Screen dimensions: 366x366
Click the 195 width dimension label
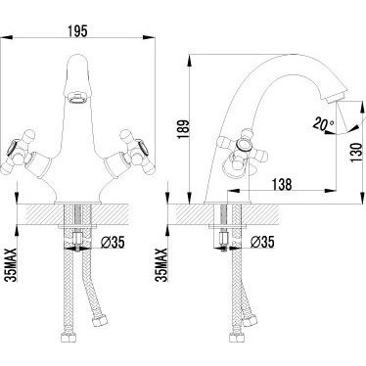(x=77, y=31)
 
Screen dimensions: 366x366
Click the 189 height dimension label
(x=183, y=129)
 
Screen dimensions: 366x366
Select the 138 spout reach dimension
(x=282, y=184)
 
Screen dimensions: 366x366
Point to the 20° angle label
(x=323, y=124)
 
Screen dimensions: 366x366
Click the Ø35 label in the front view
(x=114, y=242)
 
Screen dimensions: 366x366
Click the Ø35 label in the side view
(x=262, y=242)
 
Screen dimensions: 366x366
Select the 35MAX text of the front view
(x=11, y=264)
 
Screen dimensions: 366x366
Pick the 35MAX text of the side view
(x=161, y=264)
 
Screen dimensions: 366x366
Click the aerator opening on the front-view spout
(x=77, y=98)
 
